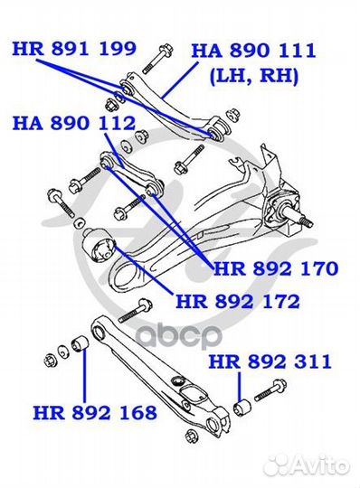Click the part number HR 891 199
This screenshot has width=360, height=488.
[74, 49]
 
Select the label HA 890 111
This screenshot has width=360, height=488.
[254, 51]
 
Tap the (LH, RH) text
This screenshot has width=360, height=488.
[254, 76]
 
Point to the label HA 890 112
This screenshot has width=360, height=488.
[74, 123]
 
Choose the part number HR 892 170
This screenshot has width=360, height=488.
[276, 268]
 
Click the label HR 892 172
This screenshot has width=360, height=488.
[238, 301]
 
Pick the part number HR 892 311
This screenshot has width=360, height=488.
[270, 361]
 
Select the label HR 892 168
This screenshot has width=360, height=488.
[95, 412]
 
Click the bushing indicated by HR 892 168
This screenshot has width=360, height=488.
[81, 343]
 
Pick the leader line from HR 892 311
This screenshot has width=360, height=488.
[239, 386]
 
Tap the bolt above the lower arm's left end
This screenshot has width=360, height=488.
[135, 311]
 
